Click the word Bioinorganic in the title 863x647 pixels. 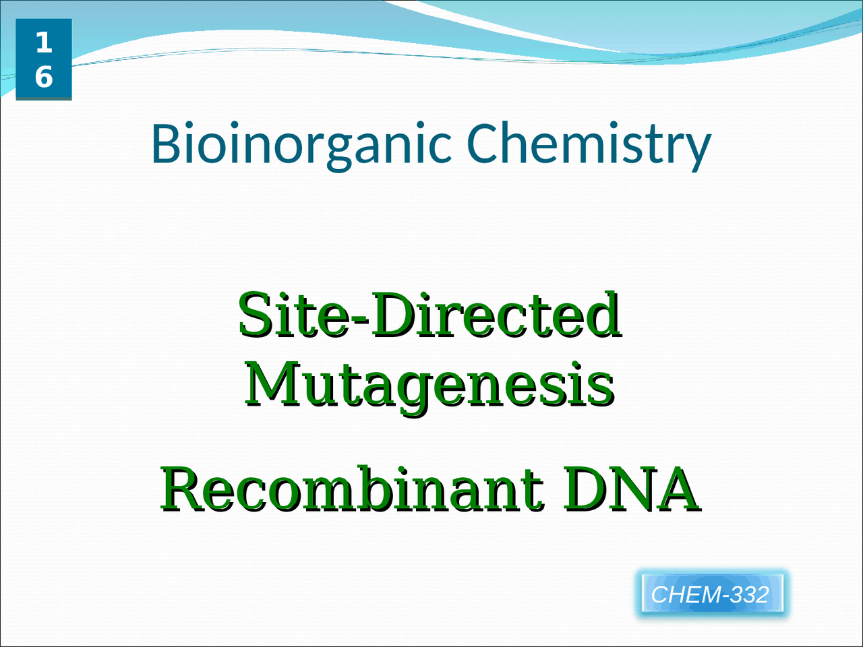click(x=301, y=144)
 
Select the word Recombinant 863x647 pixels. click(x=352, y=489)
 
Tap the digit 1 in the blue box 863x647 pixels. click(x=44, y=42)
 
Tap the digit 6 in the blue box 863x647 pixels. click(x=44, y=77)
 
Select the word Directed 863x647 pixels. click(x=496, y=315)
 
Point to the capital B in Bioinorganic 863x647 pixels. click(x=165, y=143)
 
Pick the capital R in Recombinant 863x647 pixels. click(x=184, y=489)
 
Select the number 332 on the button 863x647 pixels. click(x=752, y=594)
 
